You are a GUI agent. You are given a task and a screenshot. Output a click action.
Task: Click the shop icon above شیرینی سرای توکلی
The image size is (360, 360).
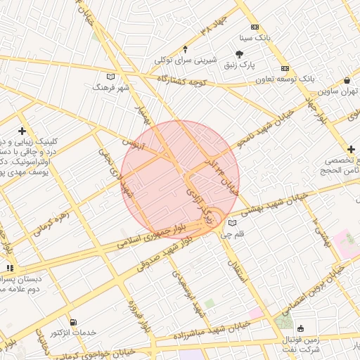click(185, 49)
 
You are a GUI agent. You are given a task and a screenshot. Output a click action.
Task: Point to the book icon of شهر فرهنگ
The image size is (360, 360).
click(109, 77)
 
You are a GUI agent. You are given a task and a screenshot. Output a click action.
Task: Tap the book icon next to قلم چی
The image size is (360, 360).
click(233, 224)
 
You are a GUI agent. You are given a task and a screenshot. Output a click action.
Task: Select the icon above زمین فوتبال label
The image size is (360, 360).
click(302, 328)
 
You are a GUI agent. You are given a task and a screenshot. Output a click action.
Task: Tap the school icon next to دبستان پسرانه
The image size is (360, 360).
click(10, 268)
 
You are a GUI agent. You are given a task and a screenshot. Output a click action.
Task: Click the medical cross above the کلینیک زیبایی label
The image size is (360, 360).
click(23, 131)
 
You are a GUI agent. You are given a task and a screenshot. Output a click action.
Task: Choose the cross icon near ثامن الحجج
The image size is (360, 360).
click(351, 149)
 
